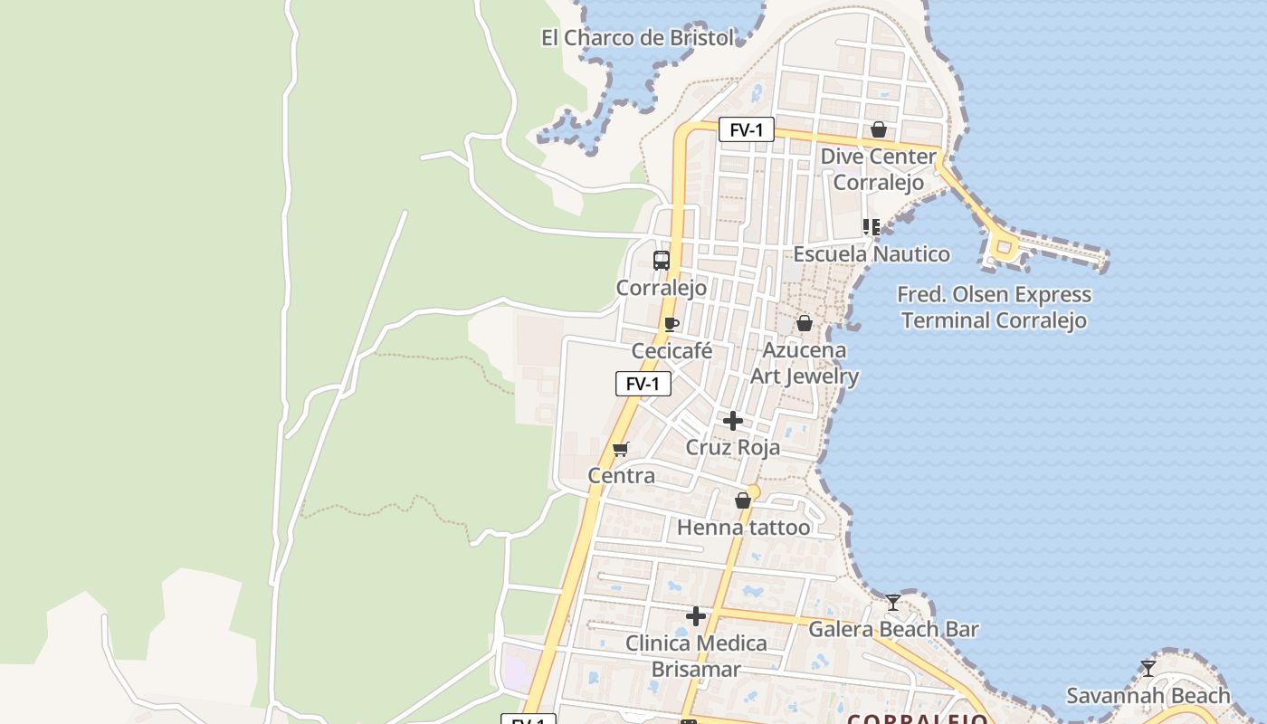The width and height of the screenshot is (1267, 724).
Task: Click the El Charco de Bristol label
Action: pyautogui.click(x=637, y=38)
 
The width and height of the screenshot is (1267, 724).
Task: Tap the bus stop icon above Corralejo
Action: pyautogui.click(x=662, y=261)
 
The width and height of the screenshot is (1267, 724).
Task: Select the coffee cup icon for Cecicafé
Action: pyautogui.click(x=671, y=324)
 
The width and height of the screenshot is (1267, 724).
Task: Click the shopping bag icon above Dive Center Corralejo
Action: pyautogui.click(x=878, y=129)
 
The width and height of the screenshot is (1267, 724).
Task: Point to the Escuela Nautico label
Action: pyautogui.click(x=872, y=254)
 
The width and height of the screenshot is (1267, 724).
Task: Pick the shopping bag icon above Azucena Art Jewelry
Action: pyautogui.click(x=804, y=323)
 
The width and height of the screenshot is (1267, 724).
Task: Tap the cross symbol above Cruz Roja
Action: pyautogui.click(x=733, y=421)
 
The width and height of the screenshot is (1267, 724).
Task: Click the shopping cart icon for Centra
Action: pyautogui.click(x=620, y=449)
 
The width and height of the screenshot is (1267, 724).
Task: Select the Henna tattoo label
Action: pyautogui.click(x=744, y=527)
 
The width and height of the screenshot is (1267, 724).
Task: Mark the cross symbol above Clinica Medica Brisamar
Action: pyautogui.click(x=695, y=616)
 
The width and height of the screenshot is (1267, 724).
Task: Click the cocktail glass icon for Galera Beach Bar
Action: pyautogui.click(x=893, y=602)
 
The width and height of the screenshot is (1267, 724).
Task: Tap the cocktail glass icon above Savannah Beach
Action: pyautogui.click(x=1148, y=669)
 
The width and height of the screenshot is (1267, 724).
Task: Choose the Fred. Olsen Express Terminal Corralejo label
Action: pyautogui.click(x=994, y=308)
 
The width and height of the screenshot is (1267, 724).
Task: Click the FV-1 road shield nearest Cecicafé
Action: pyautogui.click(x=643, y=384)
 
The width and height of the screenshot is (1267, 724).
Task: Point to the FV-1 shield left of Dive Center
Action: pyautogui.click(x=747, y=129)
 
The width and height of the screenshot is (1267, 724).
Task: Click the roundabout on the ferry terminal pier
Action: pyautogui.click(x=1003, y=246)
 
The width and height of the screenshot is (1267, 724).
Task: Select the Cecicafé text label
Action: pyautogui.click(x=672, y=351)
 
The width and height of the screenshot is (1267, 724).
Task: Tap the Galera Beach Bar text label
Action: pyautogui.click(x=893, y=629)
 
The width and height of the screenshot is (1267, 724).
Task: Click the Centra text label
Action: pyautogui.click(x=621, y=475)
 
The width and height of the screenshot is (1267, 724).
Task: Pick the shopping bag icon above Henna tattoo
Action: pyautogui.click(x=743, y=500)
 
